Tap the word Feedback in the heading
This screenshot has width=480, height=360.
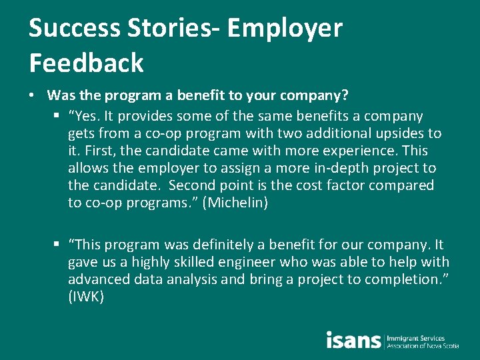87,63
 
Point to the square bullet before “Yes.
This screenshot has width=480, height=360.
59,116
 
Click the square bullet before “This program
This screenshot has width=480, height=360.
59,245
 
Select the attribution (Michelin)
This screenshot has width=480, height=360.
238,203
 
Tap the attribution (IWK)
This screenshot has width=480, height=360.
86,297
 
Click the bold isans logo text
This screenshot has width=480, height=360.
353,340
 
